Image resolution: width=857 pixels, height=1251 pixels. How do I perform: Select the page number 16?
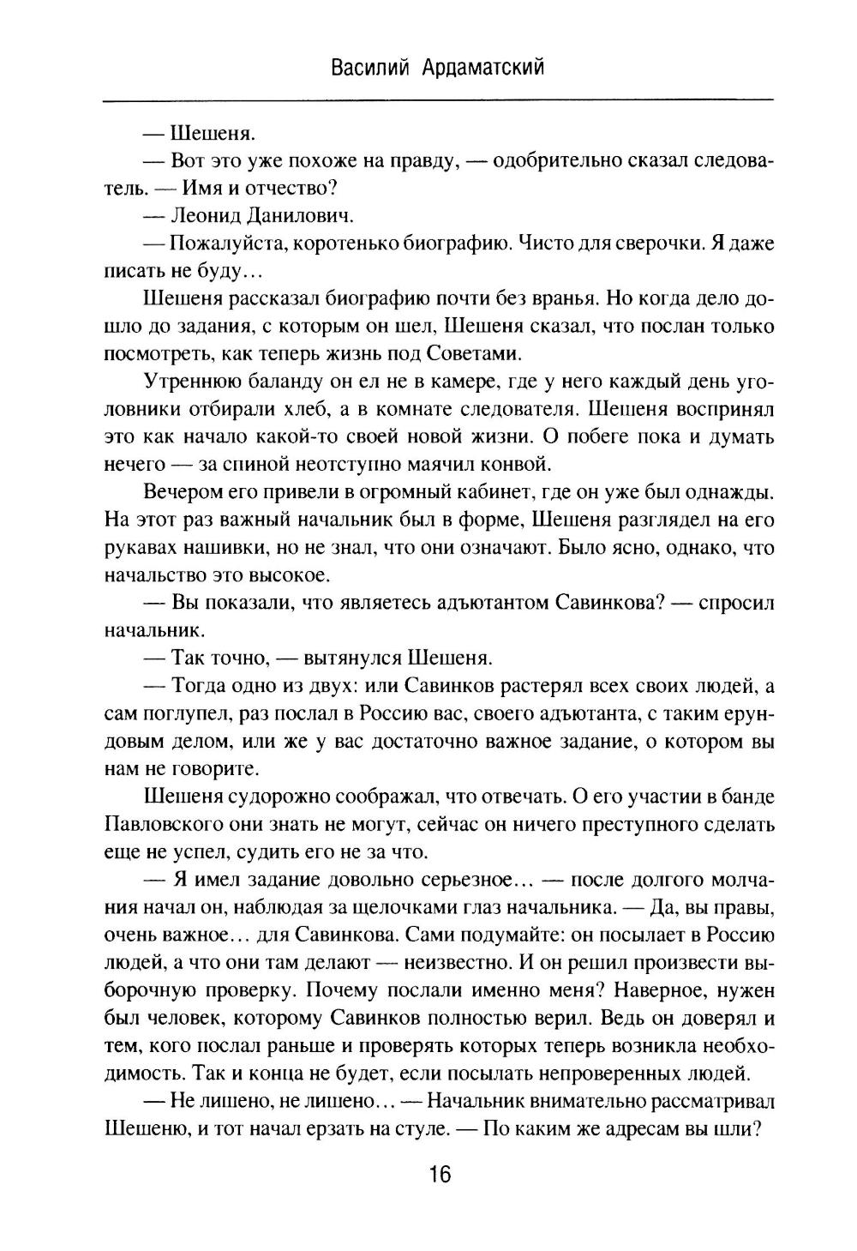[438, 1175]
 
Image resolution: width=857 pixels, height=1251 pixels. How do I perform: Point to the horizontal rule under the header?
[437, 101]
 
